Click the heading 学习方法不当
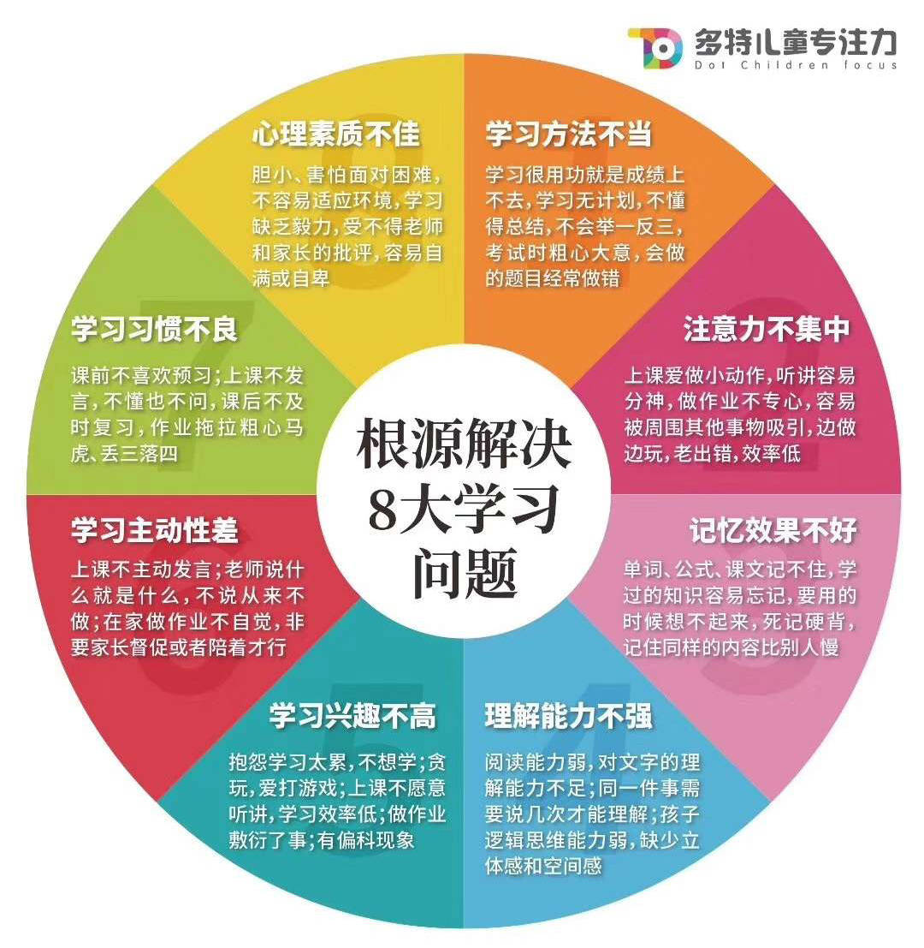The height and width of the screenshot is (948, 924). pyautogui.click(x=568, y=134)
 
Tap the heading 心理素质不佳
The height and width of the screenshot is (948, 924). pyautogui.click(x=335, y=134)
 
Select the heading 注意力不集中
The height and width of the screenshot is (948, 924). pyautogui.click(x=767, y=330)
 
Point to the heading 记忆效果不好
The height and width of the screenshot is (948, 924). pyautogui.click(x=773, y=530)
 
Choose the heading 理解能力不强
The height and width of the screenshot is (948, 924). pyautogui.click(x=568, y=716)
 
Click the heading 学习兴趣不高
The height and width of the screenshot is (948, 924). pyautogui.click(x=352, y=716)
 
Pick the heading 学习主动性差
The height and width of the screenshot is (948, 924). pyautogui.click(x=155, y=530)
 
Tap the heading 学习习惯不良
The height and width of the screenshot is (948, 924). pyautogui.click(x=155, y=330)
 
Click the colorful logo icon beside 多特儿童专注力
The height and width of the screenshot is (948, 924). pyautogui.click(x=656, y=48)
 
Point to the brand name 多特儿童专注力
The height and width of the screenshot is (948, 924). pyautogui.click(x=796, y=42)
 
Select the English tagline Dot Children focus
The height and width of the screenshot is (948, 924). pyautogui.click(x=796, y=65)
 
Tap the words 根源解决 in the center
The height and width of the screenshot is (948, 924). pyautogui.click(x=464, y=443)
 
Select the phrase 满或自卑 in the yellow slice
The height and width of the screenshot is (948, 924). pyautogui.click(x=291, y=278)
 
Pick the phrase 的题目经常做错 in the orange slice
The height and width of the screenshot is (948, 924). pyautogui.click(x=553, y=278)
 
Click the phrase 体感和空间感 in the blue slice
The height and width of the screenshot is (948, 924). pyautogui.click(x=543, y=866)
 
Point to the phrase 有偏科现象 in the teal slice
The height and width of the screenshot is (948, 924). pyautogui.click(x=366, y=840)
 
